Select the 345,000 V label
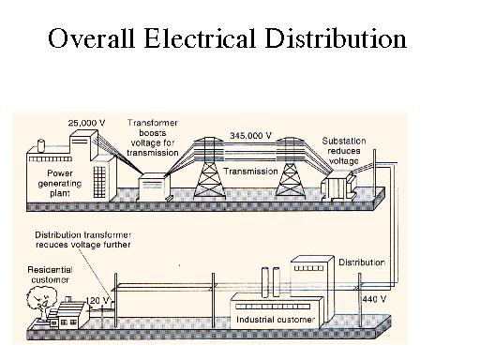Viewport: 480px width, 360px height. [x=250, y=135]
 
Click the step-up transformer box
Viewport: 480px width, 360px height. [x=153, y=186]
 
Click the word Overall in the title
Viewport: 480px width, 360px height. [x=89, y=39]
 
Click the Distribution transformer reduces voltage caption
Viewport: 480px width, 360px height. [x=82, y=238]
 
